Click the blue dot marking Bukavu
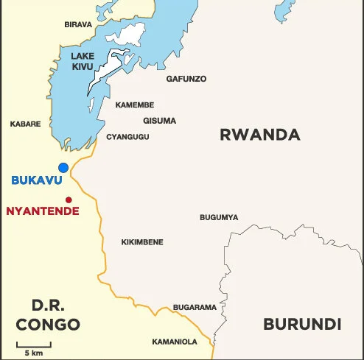[x=63, y=168]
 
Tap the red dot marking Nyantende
[x=69, y=200]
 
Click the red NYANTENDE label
[x=36, y=211]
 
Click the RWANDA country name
[x=260, y=135]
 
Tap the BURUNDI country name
[x=302, y=324]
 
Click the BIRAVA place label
[x=78, y=25]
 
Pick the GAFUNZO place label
[x=186, y=79]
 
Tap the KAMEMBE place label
[x=135, y=105]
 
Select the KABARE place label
[x=25, y=124]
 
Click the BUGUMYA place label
[x=219, y=217]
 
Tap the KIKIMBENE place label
[x=142, y=242]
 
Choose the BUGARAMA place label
[x=195, y=307]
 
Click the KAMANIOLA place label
[x=175, y=342]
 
